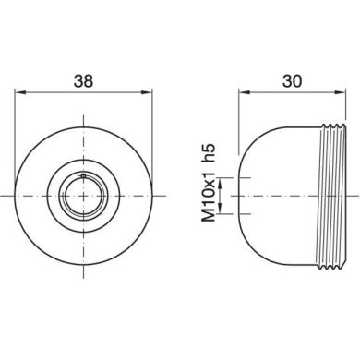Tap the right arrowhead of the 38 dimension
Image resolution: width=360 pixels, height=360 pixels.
(x=149, y=91)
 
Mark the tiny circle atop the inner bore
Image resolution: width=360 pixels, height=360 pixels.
(x=83, y=174)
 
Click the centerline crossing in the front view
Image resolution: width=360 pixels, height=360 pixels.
(x=84, y=196)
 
